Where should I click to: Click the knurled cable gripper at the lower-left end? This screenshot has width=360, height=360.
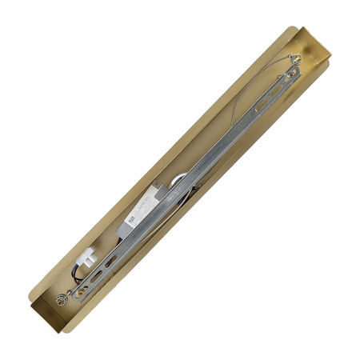click(x=62, y=299)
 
